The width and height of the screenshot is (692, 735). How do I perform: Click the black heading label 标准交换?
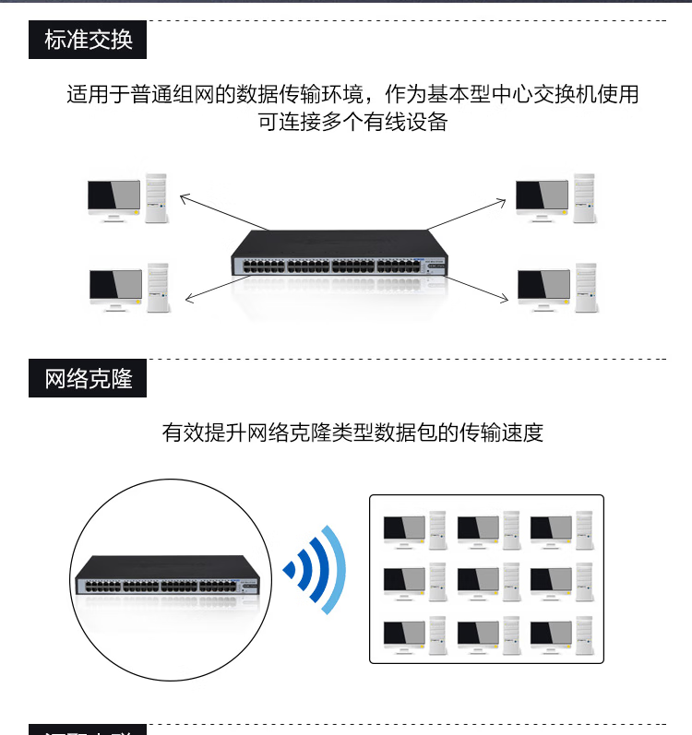pos(88,40)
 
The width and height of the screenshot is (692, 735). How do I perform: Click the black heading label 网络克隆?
pos(88,378)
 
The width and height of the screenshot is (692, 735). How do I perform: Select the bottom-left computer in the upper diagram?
pos(129,287)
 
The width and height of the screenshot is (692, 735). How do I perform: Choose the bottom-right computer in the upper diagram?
pos(556,288)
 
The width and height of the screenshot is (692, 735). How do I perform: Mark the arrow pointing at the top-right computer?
pos(471,212)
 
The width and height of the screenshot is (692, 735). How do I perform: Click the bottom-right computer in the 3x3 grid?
pos(559,634)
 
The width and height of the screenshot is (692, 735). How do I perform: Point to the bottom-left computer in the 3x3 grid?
pos(414,634)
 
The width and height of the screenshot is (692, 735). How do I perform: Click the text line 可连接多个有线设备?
pos(352,122)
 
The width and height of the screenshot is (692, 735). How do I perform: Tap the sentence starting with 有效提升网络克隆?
pos(352,432)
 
